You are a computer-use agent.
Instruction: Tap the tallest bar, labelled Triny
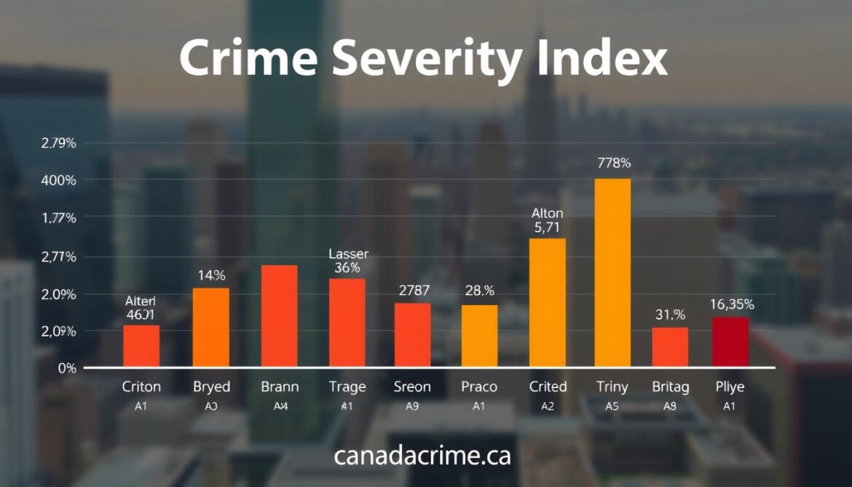click(612, 272)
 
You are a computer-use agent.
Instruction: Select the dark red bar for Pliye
click(730, 341)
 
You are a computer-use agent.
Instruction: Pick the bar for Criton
click(141, 345)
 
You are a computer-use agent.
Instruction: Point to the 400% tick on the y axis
click(60, 180)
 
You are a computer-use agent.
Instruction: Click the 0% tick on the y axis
click(67, 368)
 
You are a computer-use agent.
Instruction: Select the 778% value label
click(612, 163)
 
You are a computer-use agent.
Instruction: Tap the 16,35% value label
click(731, 304)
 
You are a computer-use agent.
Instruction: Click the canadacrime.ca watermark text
click(422, 456)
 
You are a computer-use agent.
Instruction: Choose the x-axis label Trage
click(347, 387)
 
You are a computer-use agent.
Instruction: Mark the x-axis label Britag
click(671, 387)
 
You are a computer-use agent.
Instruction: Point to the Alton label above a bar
click(547, 213)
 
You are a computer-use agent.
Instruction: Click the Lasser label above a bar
click(348, 254)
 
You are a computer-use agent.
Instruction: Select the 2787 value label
click(414, 290)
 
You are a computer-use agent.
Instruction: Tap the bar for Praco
click(480, 336)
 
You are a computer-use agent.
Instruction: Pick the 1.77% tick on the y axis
click(59, 218)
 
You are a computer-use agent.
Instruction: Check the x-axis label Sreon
click(412, 387)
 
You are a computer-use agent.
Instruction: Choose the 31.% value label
click(669, 315)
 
